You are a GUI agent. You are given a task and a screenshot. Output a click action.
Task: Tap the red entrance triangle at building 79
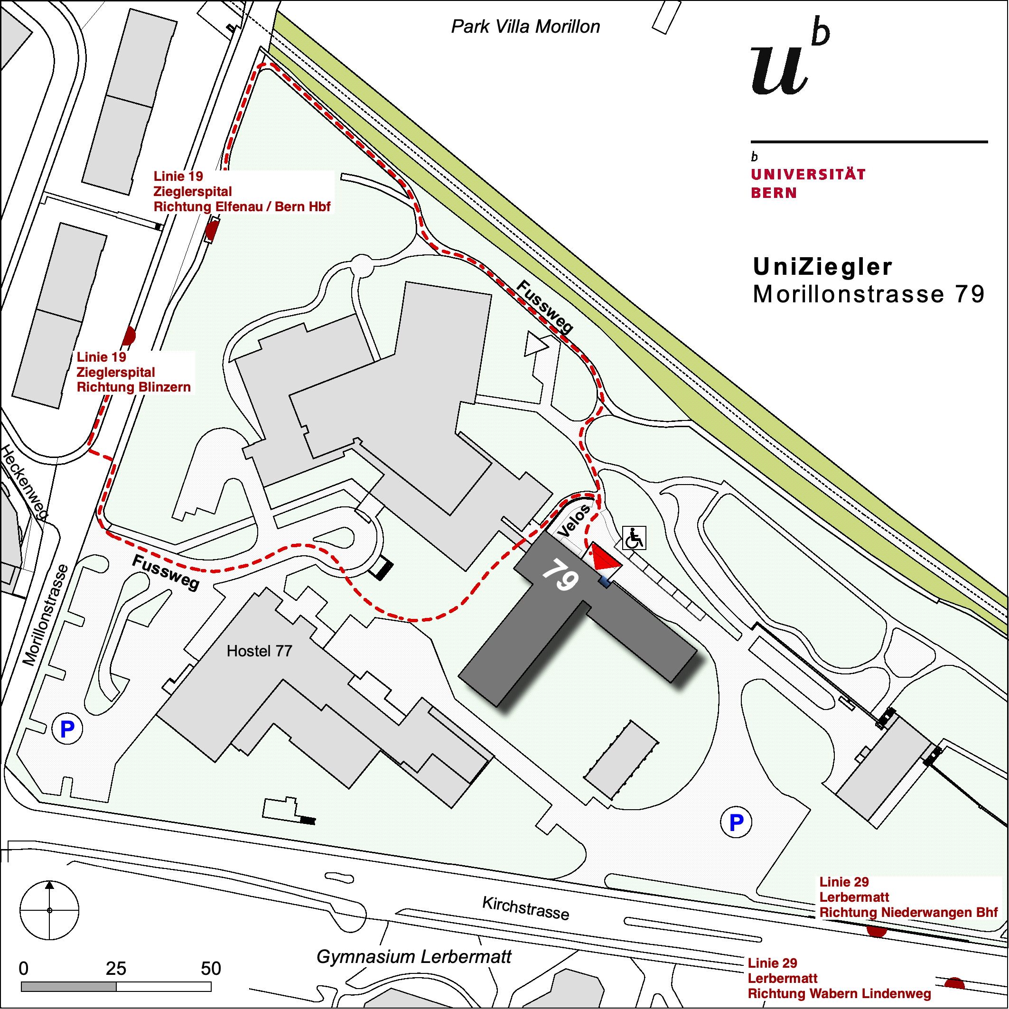coord(605,558)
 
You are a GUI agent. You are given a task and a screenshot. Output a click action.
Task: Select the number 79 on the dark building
coord(561,574)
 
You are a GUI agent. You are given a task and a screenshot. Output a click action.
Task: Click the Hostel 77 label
coord(259,651)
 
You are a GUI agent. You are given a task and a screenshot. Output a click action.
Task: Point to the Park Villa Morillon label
coord(525,27)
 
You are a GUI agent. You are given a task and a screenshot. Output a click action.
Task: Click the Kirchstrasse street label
coord(525,908)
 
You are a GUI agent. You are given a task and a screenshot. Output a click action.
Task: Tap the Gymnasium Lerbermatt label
coord(414,957)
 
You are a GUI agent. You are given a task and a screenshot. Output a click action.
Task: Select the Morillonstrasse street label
coord(46,615)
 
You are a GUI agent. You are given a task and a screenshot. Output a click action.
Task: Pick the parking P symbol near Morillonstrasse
coord(67,729)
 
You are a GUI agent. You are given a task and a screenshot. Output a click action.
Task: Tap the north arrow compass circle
coord(50,910)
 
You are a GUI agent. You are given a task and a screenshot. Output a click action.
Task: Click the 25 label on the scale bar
coord(116,969)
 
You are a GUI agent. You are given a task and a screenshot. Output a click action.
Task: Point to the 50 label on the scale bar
coord(211,969)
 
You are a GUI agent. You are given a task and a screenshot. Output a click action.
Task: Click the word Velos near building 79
coord(574,521)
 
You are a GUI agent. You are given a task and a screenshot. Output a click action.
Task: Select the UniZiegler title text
coord(822,267)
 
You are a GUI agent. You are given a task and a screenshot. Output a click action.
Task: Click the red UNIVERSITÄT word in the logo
coord(808,175)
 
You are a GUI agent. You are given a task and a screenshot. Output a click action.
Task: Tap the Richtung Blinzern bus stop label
coord(134,387)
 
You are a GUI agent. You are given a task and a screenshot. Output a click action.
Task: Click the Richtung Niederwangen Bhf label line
coord(908,912)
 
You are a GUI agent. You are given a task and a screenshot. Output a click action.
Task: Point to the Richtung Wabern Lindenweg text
coord(839,993)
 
